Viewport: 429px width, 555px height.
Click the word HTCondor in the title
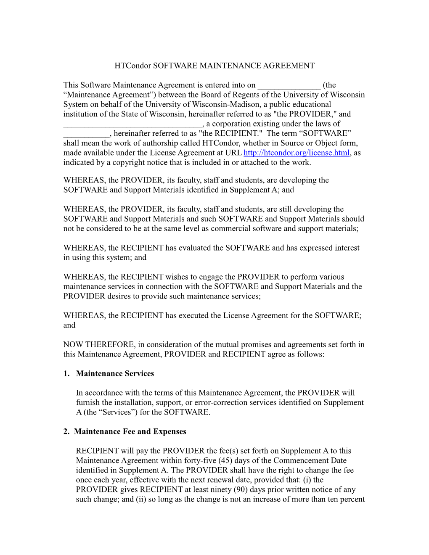(x=132, y=66)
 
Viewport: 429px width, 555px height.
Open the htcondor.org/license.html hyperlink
(x=297, y=153)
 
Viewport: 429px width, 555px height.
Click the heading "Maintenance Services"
(x=115, y=374)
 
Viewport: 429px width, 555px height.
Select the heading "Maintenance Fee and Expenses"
(x=130, y=432)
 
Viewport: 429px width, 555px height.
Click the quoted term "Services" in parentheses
(x=118, y=412)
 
